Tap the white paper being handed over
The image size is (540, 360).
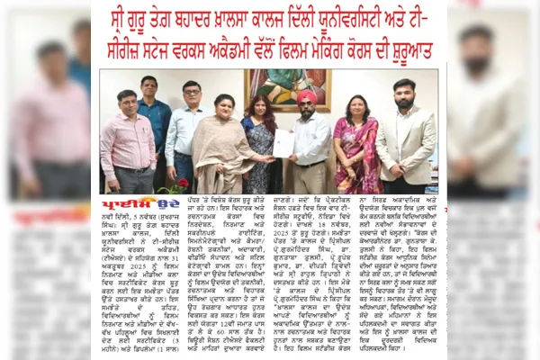click(x=284, y=143)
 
